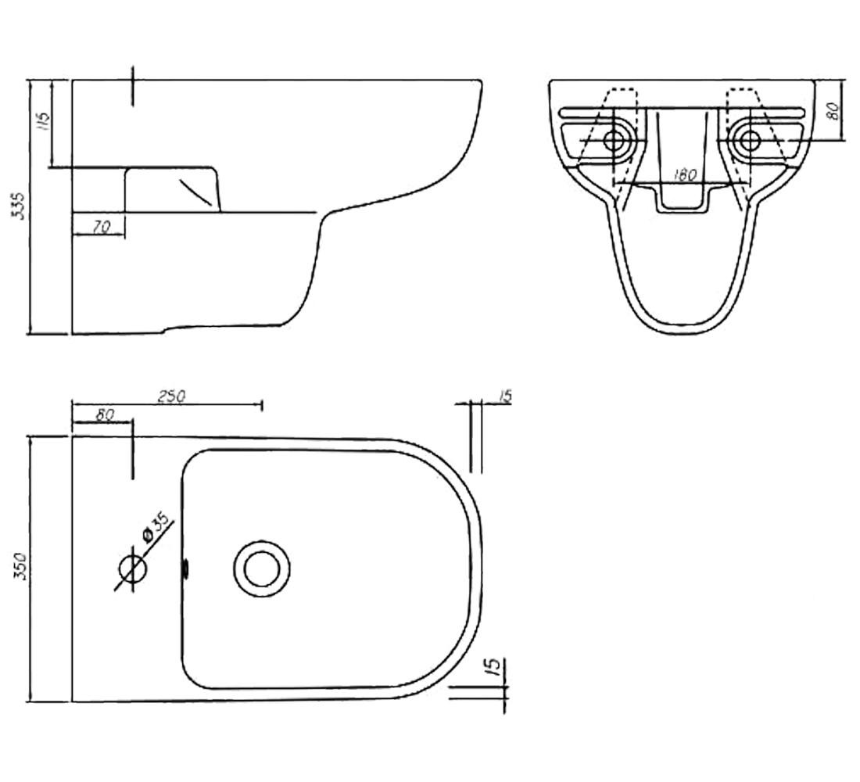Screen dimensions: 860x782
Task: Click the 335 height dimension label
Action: tap(20, 206)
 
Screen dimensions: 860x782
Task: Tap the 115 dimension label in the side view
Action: tap(43, 120)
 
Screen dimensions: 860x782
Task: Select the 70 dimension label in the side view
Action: tap(102, 227)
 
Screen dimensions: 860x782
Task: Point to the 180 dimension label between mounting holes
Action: tap(684, 175)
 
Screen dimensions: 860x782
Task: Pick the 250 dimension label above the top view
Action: tap(172, 396)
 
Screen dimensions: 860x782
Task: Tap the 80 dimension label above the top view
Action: tap(104, 415)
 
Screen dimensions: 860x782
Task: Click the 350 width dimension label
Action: tap(20, 567)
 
